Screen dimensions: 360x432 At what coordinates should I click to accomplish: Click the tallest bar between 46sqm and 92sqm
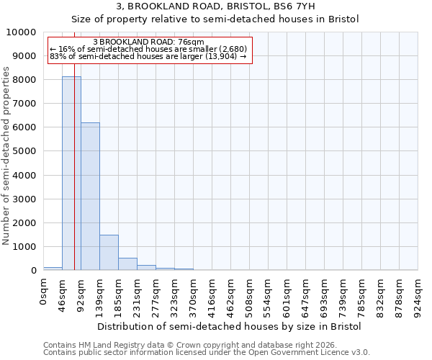pyautogui.click(x=71, y=173)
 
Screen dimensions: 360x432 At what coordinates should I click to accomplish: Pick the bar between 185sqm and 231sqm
pyautogui.click(x=127, y=264)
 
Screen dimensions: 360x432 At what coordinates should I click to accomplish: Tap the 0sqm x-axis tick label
pyautogui.click(x=44, y=292)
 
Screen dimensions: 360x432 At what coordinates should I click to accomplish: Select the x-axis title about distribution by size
pyautogui.click(x=230, y=326)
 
